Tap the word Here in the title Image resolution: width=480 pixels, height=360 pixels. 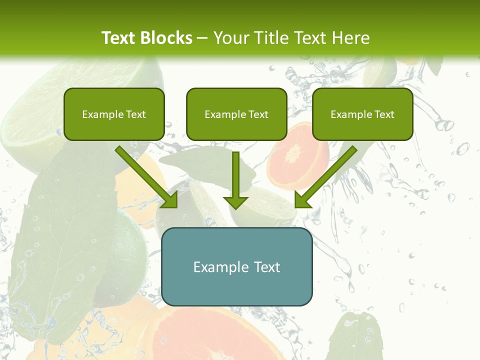pyautogui.click(x=351, y=38)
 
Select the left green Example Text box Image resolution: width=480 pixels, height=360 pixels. pyautogui.click(x=114, y=114)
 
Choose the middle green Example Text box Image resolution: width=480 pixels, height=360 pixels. pyautogui.click(x=236, y=114)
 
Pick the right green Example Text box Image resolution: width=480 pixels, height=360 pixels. pyautogui.click(x=362, y=114)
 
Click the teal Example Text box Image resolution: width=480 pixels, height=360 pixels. pyautogui.click(x=236, y=266)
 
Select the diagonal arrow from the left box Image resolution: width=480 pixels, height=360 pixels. pyautogui.click(x=145, y=176)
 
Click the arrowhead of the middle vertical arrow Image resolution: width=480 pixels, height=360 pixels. pyautogui.click(x=236, y=202)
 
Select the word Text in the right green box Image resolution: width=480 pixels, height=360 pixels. pyautogui.click(x=384, y=114)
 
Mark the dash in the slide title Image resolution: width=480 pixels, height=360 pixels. pyautogui.click(x=203, y=38)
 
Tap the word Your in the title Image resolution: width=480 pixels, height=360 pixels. pyautogui.click(x=229, y=38)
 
